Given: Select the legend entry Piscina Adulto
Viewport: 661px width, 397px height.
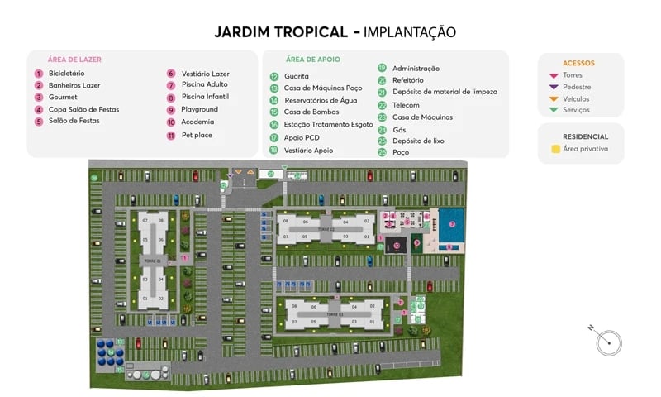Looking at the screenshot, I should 205,84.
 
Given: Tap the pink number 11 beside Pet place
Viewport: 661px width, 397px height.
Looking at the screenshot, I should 171,134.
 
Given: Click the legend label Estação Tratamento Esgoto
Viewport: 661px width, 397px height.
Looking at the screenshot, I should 328,124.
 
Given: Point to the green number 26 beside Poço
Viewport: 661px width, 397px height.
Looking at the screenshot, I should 383,152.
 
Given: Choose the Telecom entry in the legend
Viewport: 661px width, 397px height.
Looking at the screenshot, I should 406,105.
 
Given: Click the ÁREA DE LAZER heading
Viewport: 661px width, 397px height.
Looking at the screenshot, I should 74,60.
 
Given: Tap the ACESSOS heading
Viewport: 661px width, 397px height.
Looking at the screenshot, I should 578,63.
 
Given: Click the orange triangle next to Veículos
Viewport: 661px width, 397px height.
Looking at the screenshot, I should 554,98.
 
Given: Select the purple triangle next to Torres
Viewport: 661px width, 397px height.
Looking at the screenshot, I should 554,74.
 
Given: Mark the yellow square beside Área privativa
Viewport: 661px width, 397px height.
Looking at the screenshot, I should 554,149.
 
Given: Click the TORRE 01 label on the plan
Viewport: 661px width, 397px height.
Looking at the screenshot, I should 153,261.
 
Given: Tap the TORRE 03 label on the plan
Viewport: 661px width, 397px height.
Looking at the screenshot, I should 334,314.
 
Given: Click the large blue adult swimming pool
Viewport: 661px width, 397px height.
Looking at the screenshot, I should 450,223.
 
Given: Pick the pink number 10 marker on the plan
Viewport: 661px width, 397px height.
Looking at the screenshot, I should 397,245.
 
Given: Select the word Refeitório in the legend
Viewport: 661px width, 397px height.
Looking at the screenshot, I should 407,80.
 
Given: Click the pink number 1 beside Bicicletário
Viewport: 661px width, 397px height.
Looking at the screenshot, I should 38,73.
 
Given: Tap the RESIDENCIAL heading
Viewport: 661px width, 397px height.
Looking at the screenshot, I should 585,136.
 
